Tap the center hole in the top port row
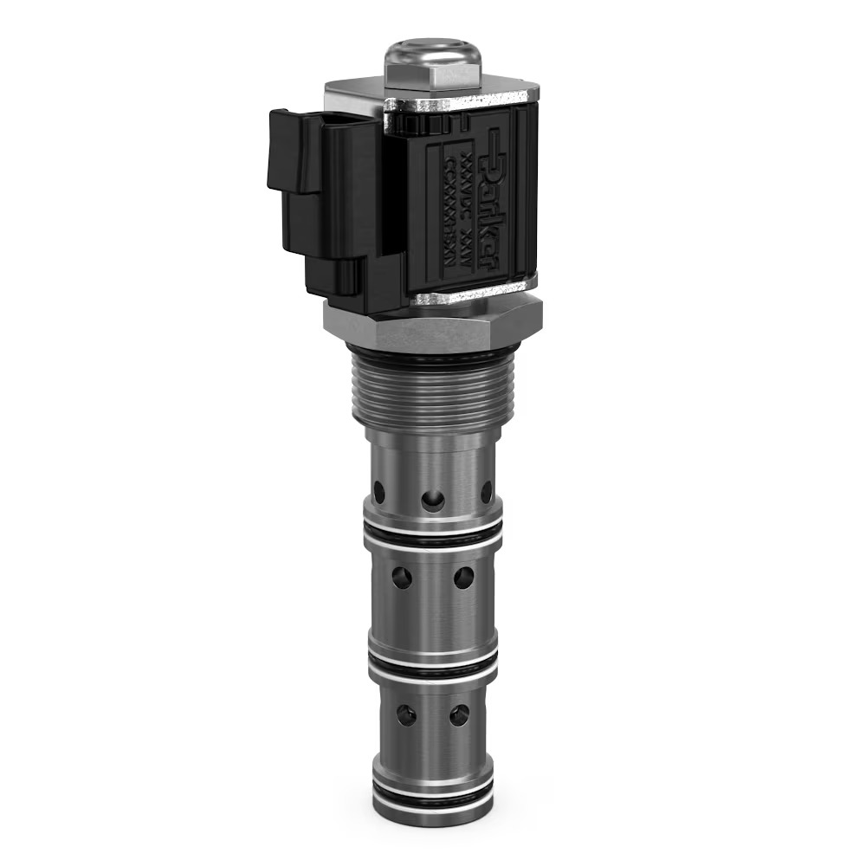[432, 500]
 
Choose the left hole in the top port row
[379, 492]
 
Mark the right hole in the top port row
[486, 491]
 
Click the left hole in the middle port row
[402, 577]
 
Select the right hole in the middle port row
[463, 577]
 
